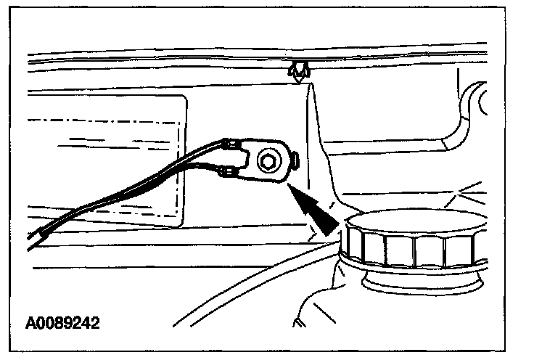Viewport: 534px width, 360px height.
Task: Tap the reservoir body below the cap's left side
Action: coord(319,298)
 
